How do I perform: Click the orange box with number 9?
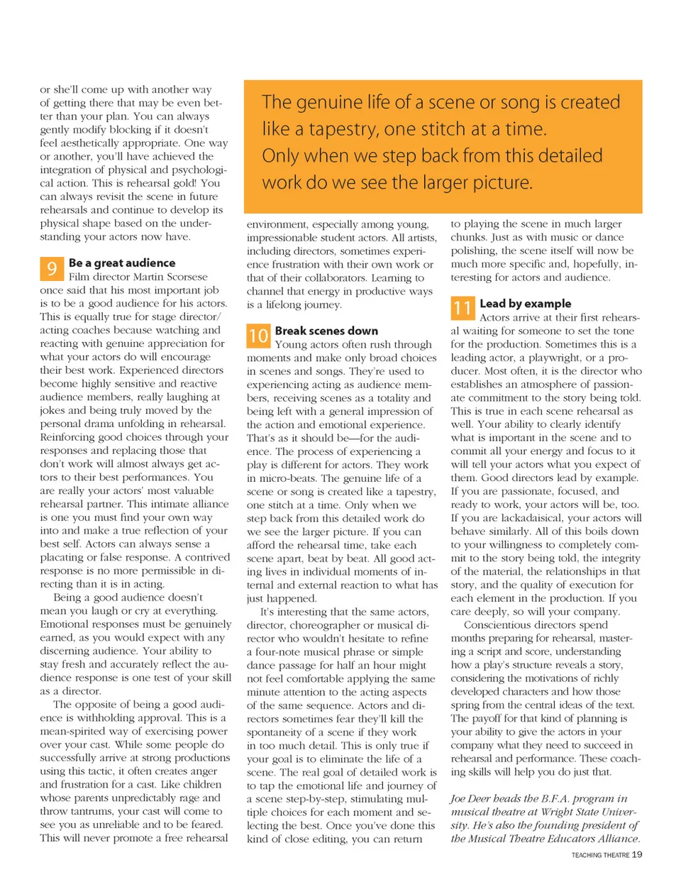[x=51, y=269]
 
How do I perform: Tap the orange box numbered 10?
[x=258, y=336]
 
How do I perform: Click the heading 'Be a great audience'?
[x=122, y=263]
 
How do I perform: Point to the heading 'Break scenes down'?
[x=326, y=331]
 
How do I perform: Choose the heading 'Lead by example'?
[x=525, y=304]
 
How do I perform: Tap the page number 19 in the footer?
[x=637, y=854]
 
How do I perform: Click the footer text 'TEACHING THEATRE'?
[x=600, y=855]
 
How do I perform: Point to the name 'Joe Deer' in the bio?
[x=470, y=798]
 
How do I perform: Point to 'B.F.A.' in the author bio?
[x=559, y=798]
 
